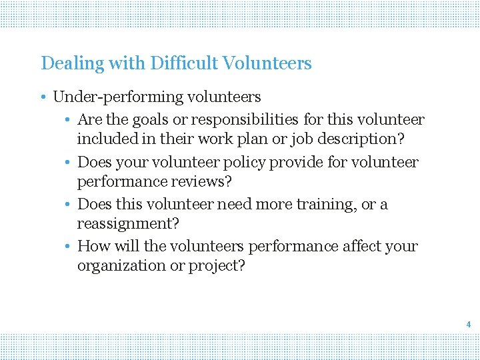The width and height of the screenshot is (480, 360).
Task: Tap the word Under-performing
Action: pyautogui.click(x=107, y=97)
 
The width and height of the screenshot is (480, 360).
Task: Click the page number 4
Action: pyautogui.click(x=469, y=325)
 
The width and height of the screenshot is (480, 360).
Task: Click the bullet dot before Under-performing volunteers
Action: pyautogui.click(x=42, y=97)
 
